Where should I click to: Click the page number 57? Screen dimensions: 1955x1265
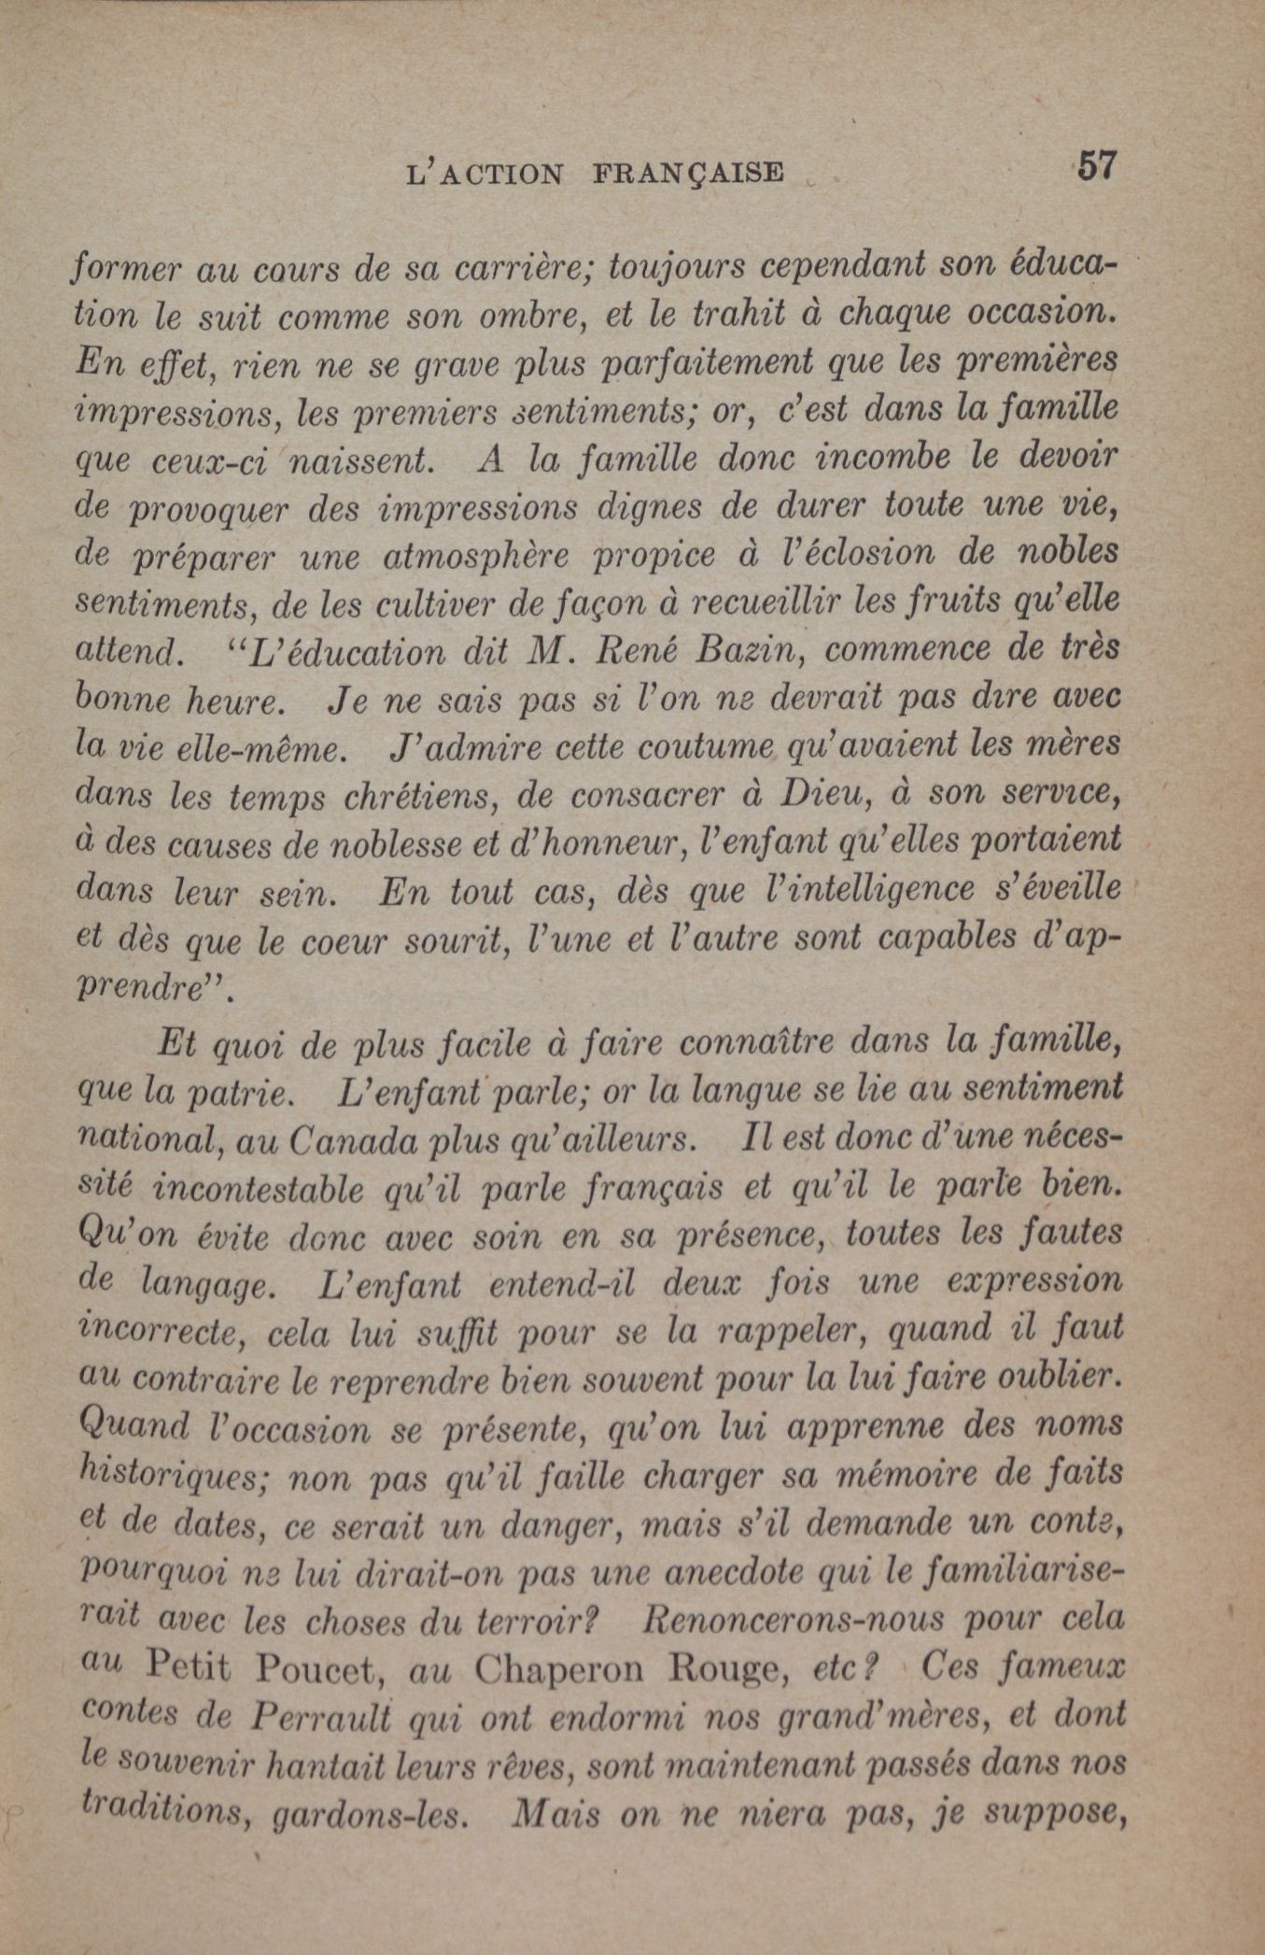(1095, 167)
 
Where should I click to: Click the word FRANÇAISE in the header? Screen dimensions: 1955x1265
(688, 174)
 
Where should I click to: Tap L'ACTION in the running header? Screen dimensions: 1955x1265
(486, 175)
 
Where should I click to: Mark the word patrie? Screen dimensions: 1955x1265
(240, 1095)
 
